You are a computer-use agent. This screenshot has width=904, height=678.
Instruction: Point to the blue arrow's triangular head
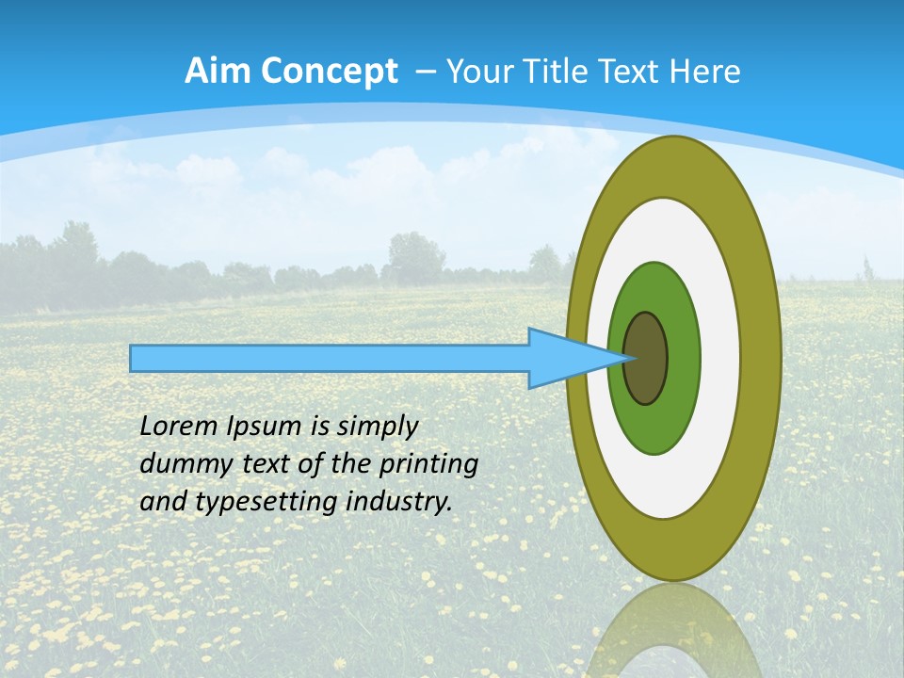565,358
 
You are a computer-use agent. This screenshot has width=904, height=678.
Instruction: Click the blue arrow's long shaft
330,358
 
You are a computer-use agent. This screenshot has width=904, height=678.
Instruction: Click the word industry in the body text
399,502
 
